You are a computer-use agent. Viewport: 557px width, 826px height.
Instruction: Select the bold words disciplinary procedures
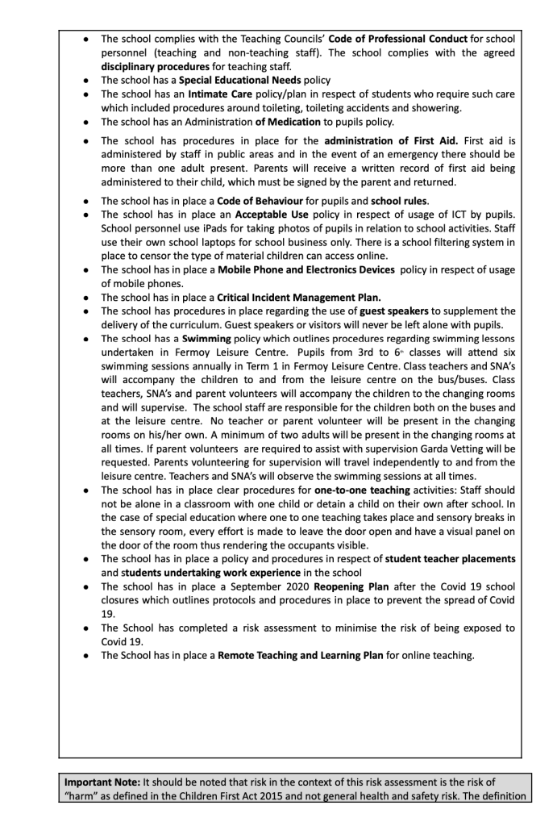[x=155, y=67]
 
